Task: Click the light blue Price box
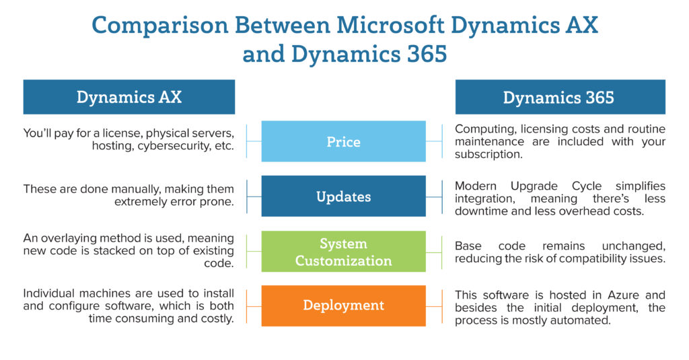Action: [x=343, y=141]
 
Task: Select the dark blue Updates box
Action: [x=343, y=196]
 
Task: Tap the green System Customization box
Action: [x=343, y=252]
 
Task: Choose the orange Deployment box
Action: [x=343, y=305]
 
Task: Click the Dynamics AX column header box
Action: [x=129, y=97]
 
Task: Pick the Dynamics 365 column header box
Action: [x=559, y=97]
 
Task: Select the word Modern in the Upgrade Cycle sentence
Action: [x=475, y=186]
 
